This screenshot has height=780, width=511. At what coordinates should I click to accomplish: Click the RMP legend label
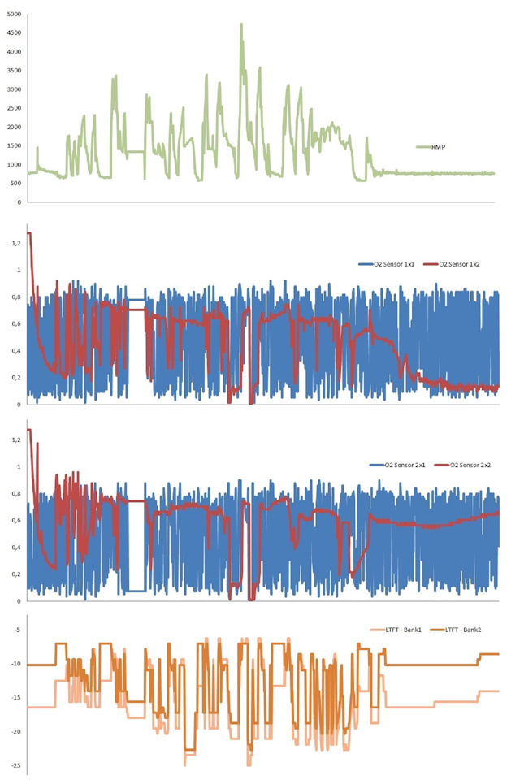(x=447, y=148)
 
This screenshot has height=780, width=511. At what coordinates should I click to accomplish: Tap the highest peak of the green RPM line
(x=241, y=24)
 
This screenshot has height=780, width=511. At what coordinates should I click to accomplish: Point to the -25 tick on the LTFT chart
(x=16, y=766)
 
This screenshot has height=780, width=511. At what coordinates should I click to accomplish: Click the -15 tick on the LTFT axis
(x=16, y=698)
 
